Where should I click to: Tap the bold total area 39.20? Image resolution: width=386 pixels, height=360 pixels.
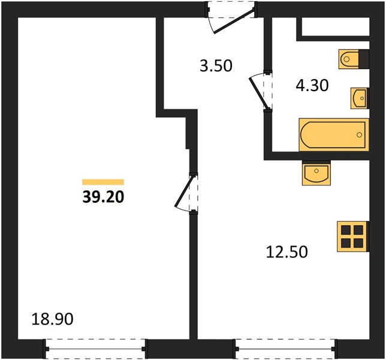(x=103, y=197)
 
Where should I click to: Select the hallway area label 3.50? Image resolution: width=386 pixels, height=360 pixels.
(x=216, y=66)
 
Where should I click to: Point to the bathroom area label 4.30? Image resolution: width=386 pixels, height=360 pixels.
(x=312, y=86)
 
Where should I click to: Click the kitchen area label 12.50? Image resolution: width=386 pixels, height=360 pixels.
(x=287, y=252)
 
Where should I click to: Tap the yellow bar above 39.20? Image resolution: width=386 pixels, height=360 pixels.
(x=103, y=182)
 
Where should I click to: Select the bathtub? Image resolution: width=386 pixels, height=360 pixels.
(x=334, y=134)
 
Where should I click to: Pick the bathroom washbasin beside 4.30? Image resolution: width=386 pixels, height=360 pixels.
(x=360, y=98)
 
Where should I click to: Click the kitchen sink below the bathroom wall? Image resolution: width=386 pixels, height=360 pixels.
(x=316, y=172)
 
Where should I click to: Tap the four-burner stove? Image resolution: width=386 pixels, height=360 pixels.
(x=353, y=236)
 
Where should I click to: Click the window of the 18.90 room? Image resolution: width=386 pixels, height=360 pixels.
(x=95, y=349)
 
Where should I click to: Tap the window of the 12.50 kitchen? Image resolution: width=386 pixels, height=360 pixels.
(x=285, y=349)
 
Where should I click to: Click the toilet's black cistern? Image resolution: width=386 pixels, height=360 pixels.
(x=364, y=59)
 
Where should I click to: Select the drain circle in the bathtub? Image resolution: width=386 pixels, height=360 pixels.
(x=359, y=134)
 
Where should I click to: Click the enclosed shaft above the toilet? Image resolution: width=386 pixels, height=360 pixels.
(x=336, y=26)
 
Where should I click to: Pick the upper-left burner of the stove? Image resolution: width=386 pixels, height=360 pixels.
(x=346, y=230)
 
